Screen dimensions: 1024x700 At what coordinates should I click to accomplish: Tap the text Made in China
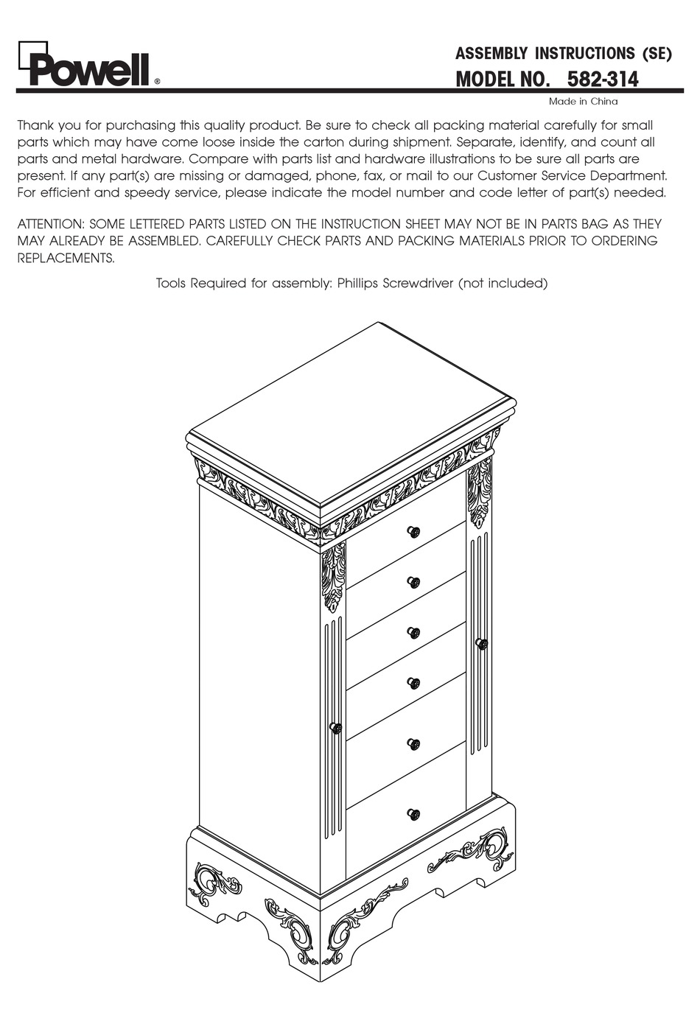(x=583, y=102)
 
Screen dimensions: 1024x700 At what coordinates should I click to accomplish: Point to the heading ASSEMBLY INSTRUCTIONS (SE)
(x=563, y=54)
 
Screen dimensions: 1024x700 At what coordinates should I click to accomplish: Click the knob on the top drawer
(x=413, y=532)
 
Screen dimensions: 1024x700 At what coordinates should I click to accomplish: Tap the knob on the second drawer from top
(x=413, y=582)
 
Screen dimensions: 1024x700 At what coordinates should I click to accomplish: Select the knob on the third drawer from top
(x=413, y=632)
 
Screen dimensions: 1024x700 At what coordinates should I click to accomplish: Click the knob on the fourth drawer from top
(x=413, y=684)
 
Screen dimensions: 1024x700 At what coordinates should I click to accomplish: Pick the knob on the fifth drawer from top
(x=413, y=744)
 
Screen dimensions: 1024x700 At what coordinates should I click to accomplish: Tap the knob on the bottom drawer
(x=413, y=814)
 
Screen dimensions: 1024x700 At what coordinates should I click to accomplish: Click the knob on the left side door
(x=335, y=728)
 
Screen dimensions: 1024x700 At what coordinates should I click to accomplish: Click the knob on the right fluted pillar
(x=482, y=644)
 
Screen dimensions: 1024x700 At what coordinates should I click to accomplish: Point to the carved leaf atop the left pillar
(x=334, y=578)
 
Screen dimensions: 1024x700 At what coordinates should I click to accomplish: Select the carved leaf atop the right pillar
(x=480, y=492)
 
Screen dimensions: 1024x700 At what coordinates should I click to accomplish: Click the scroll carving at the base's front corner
(x=346, y=932)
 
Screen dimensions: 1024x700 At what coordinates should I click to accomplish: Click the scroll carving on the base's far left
(x=210, y=882)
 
